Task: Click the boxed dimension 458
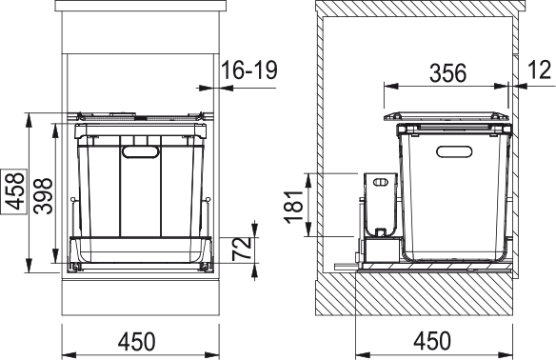click(14, 191)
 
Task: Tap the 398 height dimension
click(43, 196)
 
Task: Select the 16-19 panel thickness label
click(249, 70)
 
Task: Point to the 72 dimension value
click(242, 250)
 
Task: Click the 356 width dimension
click(447, 73)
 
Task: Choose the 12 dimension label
click(540, 70)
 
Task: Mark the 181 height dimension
click(294, 207)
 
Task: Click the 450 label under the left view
click(137, 342)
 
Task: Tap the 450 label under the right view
click(432, 341)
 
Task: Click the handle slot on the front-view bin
click(140, 151)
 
